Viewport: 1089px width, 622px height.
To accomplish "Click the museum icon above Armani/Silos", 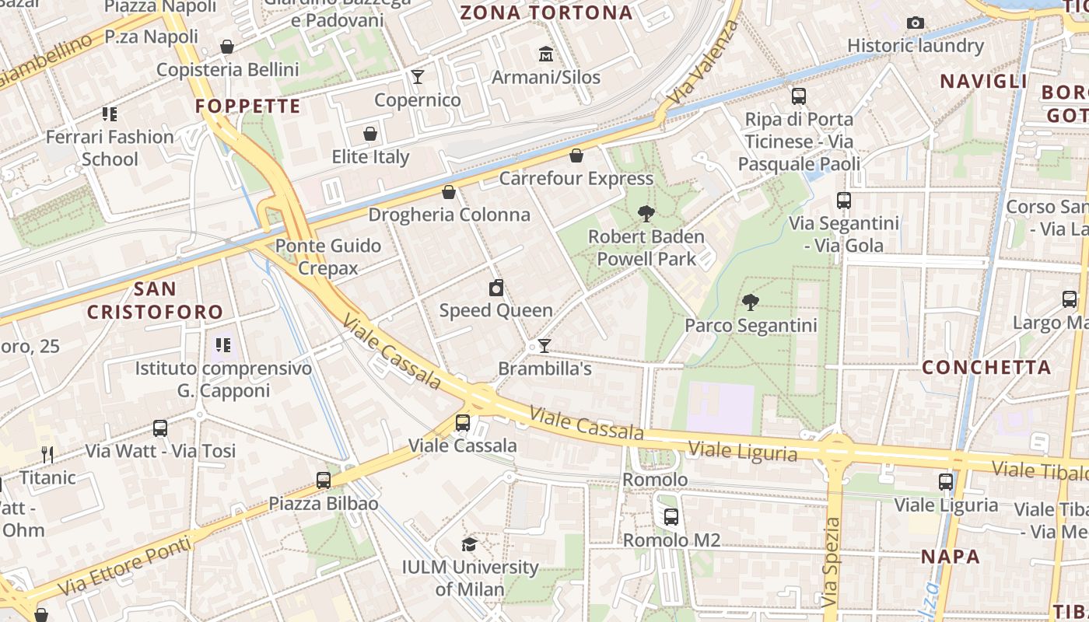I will point(546,54).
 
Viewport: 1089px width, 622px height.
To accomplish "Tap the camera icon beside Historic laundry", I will point(916,23).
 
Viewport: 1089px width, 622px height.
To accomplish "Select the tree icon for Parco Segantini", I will point(751,302).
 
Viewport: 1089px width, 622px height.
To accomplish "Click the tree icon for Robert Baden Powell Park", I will point(646,214).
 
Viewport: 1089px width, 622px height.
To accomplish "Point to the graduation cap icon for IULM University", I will point(469,544).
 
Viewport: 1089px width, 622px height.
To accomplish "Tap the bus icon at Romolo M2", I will point(671,516).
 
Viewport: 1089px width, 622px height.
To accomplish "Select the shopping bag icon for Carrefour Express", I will point(576,155).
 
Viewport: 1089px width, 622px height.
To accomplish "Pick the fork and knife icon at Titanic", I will point(47,454).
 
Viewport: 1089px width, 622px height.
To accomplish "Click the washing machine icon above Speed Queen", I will point(496,288).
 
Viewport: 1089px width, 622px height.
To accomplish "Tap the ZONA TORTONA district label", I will point(546,12).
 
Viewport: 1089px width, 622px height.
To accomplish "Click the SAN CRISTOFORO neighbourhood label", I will point(155,300).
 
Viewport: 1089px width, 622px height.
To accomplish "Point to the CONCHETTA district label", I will point(986,367).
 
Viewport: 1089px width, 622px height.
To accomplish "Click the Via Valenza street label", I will point(702,63).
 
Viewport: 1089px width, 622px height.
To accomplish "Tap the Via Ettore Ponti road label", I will point(124,563).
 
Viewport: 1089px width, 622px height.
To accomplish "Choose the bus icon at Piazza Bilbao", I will point(324,480).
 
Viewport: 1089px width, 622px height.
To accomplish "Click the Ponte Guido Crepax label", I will point(328,257).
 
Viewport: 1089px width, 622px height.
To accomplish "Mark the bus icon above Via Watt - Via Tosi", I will point(160,428).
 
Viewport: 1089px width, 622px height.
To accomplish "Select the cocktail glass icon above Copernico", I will point(418,76).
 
